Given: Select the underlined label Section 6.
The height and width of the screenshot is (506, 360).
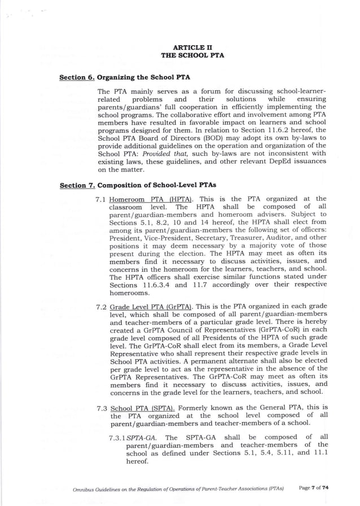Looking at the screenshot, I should (x=77, y=77).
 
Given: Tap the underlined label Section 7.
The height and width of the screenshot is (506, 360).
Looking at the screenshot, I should (x=77, y=185).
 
